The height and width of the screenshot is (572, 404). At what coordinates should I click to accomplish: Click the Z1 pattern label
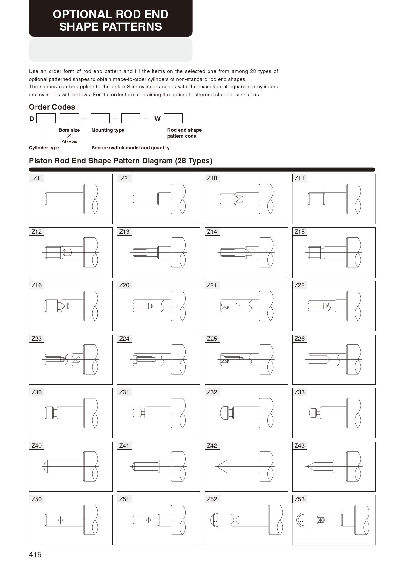36,178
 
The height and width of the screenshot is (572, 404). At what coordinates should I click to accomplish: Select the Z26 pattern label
299,339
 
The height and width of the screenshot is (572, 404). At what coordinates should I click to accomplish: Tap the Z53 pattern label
299,499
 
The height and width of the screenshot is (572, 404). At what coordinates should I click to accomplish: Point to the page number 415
35,555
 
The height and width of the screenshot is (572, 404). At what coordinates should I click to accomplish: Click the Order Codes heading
52,107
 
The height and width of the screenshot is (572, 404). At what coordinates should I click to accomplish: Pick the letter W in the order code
157,119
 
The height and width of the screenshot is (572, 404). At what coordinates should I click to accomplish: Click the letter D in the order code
32,119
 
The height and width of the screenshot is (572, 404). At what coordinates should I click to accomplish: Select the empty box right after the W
173,118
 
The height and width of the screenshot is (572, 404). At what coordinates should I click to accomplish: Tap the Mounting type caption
108,130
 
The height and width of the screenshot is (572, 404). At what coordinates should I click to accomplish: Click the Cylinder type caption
44,148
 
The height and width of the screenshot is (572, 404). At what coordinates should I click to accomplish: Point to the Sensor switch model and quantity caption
131,148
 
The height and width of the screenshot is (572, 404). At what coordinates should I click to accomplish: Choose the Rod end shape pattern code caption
184,133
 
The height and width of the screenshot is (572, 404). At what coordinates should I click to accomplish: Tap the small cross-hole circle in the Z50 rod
60,520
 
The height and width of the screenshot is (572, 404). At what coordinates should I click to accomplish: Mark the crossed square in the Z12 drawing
67,252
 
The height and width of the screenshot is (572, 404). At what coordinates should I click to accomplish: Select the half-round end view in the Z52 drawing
214,520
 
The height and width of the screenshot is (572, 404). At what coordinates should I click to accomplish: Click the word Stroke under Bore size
69,142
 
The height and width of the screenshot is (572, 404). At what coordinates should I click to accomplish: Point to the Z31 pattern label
124,392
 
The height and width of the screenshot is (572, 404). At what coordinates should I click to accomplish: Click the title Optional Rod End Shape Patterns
110,20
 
